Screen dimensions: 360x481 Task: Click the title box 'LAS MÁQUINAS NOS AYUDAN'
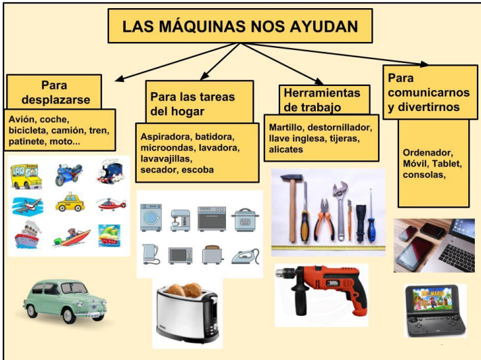(x=239, y=26)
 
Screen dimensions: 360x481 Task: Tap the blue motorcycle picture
(x=68, y=175)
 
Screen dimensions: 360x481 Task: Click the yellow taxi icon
(x=70, y=203)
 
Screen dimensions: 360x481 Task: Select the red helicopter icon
(x=110, y=203)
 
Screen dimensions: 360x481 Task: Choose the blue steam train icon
(x=110, y=173)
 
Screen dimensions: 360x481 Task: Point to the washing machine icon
(x=150, y=218)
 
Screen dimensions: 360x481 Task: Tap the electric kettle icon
(x=150, y=254)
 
